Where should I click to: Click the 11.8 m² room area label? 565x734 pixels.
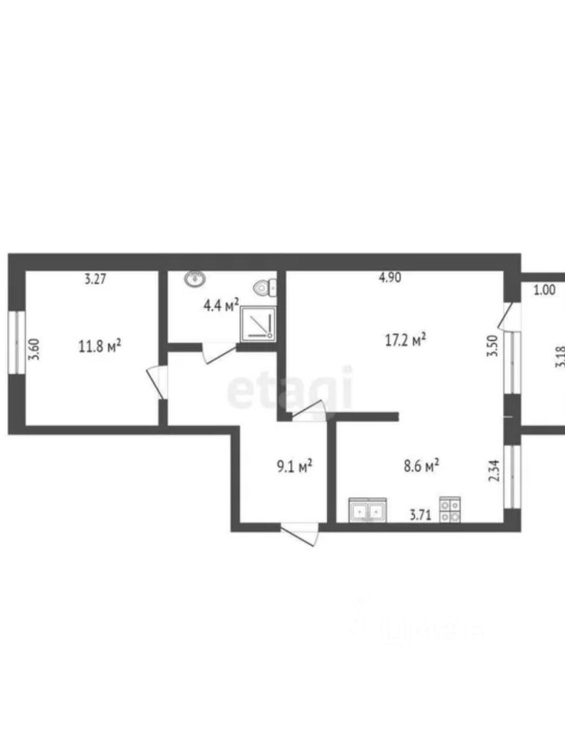[100, 346]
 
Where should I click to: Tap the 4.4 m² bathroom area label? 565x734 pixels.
[221, 306]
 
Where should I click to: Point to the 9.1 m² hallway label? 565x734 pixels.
[293, 466]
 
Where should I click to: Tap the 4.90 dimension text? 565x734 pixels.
[390, 278]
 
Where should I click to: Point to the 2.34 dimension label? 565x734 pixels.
[494, 468]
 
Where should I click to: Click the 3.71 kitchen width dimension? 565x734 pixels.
[421, 515]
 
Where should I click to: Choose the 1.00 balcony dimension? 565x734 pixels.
[544, 290]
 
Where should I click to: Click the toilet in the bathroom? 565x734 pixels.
[266, 287]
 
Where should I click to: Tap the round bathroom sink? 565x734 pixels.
[194, 279]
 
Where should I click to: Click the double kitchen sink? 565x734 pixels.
[367, 510]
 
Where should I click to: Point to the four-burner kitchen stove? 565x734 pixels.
[449, 510]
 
